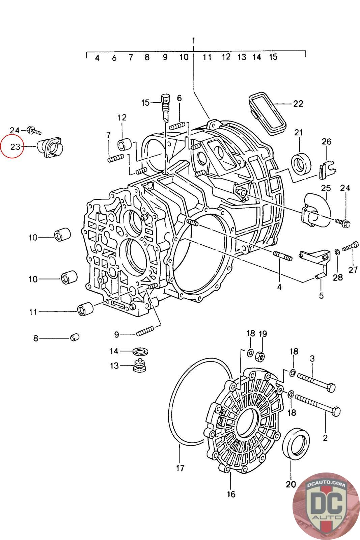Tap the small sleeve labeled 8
click(75, 337)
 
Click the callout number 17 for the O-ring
click(180, 468)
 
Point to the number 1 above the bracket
click(194, 40)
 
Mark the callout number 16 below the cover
click(231, 494)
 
